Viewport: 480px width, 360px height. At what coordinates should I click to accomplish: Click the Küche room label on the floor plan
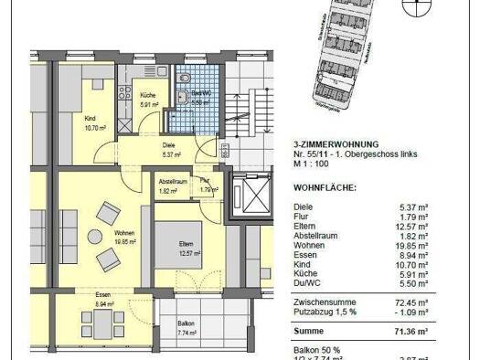[148, 95]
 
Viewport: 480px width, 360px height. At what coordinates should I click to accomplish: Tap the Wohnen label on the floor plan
[124, 236]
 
